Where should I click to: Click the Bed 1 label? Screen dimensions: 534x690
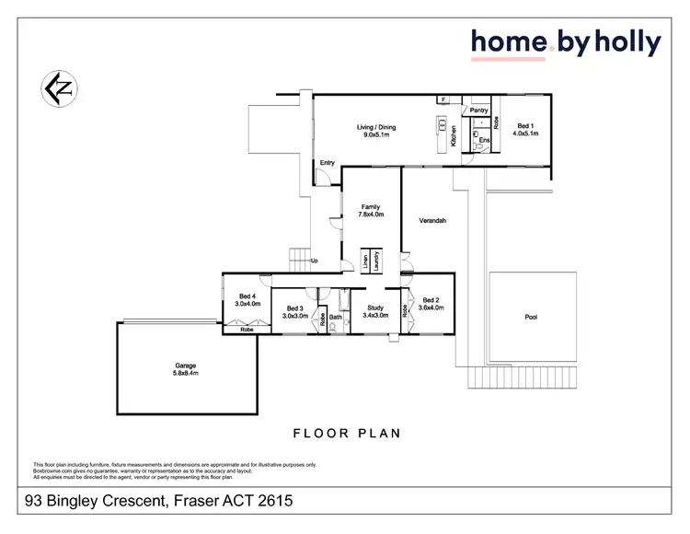tap(525, 126)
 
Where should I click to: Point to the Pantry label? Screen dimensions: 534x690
tap(478, 110)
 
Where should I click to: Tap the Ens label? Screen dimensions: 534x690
tap(484, 140)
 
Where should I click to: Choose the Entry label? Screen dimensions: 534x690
tap(327, 163)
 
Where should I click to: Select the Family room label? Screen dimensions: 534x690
tap(371, 207)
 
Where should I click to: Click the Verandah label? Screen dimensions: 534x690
tap(432, 221)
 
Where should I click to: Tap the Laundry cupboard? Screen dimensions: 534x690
tap(376, 260)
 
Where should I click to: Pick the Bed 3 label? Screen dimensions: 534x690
tap(294, 308)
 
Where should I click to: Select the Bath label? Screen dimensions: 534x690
tap(336, 318)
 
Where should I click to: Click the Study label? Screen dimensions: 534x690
tap(374, 308)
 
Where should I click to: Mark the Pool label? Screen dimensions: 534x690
tap(531, 318)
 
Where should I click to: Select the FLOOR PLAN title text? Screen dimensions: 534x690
tap(347, 433)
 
